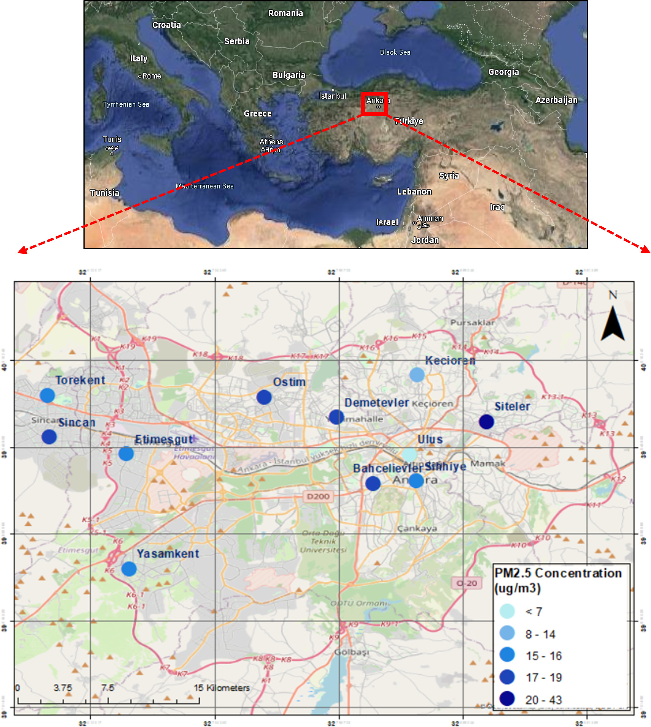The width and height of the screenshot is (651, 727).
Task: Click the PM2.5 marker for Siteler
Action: pyautogui.click(x=486, y=421)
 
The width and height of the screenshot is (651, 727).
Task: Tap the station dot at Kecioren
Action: pyautogui.click(x=417, y=375)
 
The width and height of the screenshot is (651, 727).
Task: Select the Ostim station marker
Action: pyautogui.click(x=264, y=397)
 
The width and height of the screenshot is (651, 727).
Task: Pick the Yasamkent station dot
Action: pyautogui.click(x=129, y=569)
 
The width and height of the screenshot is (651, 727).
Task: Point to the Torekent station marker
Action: pyautogui.click(x=47, y=395)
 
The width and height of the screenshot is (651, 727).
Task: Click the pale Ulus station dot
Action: pyautogui.click(x=409, y=454)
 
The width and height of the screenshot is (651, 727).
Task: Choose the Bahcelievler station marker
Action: pyautogui.click(x=373, y=484)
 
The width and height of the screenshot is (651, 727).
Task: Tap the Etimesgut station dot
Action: pyautogui.click(x=126, y=454)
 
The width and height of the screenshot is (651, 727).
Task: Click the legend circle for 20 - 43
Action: pyautogui.click(x=507, y=699)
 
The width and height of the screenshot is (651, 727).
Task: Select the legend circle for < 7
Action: pyautogui.click(x=507, y=611)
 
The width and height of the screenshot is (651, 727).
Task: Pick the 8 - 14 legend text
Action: pyautogui.click(x=540, y=634)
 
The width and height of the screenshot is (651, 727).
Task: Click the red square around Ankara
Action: pyautogui.click(x=374, y=103)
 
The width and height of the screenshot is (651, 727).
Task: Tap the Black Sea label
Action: pyautogui.click(x=395, y=52)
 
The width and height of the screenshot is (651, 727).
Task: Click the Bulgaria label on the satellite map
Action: pyautogui.click(x=289, y=75)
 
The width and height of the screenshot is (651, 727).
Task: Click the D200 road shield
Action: pyautogui.click(x=318, y=496)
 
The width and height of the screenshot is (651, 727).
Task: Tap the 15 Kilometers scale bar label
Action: pyautogui.click(x=222, y=688)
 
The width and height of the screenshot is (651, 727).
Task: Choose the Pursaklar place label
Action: pyautogui.click(x=472, y=323)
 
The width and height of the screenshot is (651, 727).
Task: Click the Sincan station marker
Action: pyautogui.click(x=49, y=437)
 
